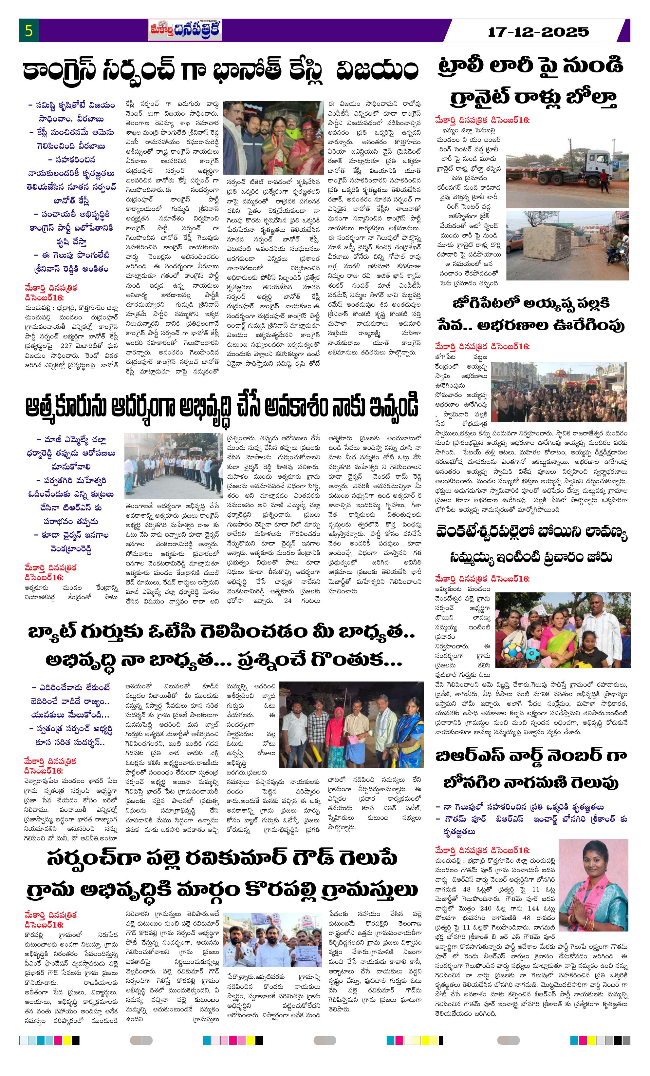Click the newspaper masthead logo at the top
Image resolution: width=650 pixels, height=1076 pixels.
click(x=185, y=30)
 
